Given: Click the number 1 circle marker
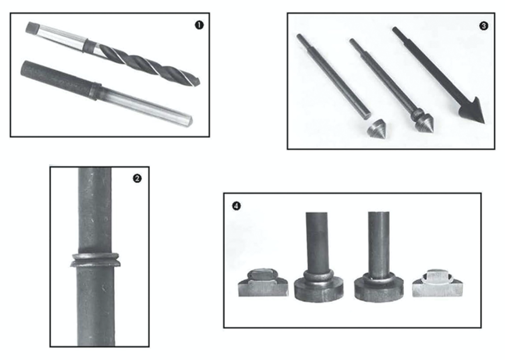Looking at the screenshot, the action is pos(199,25).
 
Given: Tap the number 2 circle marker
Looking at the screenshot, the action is pos(137,179).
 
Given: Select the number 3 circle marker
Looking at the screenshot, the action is pos(484,26).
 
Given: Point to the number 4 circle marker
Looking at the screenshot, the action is pos(236,206).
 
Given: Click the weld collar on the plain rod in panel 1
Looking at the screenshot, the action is pos(95,91).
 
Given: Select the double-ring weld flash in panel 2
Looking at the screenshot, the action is pos(95,260).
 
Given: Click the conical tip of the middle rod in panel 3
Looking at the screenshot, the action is pos(426,125).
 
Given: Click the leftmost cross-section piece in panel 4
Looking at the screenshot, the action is pos(263,282).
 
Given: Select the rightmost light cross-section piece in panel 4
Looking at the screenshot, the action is pos(438,283).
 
